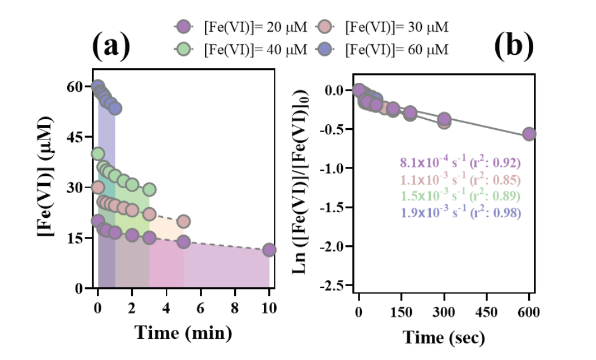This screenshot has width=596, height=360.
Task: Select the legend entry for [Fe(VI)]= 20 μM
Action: coord(235,27)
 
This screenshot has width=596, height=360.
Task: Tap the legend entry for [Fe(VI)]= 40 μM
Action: coord(235,49)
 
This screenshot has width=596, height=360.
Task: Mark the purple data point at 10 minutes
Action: coord(269,250)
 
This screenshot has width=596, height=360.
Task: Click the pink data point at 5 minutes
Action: coord(183,221)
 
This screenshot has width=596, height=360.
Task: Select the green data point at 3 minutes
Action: coord(149,190)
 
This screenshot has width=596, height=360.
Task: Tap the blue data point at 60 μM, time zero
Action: coord(98,86)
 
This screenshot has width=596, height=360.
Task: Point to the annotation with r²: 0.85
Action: coord(460,180)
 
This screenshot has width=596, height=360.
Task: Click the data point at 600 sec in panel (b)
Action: coord(529,134)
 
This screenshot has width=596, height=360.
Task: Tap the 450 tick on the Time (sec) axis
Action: coord(486,312)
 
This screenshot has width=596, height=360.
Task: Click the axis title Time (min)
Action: coord(183,333)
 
